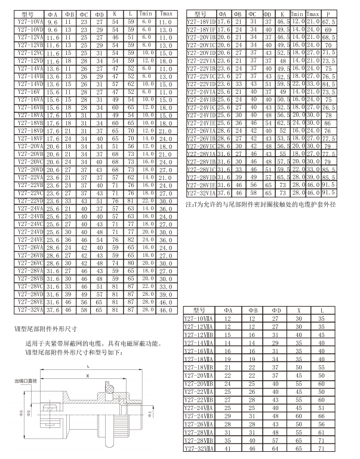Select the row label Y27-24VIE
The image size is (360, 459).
(x=200, y=123)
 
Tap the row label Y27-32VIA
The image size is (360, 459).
(x=200, y=193)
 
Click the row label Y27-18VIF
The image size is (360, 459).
(x=200, y=28)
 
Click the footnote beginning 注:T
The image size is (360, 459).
(x=266, y=205)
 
